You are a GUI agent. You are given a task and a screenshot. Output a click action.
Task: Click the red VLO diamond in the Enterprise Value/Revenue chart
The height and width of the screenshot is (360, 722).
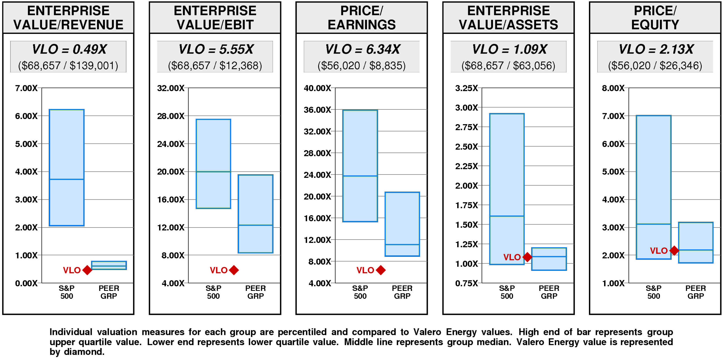pos(87,270)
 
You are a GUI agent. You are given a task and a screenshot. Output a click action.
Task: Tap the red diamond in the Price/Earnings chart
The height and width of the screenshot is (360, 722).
pos(381,270)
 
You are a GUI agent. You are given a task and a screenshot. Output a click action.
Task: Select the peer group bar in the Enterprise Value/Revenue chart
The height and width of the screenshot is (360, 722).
pos(109,265)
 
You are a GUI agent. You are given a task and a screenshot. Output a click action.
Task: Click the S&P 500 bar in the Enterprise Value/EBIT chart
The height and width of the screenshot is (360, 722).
pos(213,164)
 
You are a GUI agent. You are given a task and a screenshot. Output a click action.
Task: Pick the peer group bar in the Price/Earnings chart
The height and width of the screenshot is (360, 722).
pos(402,224)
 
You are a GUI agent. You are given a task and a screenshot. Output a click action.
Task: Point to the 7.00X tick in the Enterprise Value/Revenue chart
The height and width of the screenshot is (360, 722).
pos(26,88)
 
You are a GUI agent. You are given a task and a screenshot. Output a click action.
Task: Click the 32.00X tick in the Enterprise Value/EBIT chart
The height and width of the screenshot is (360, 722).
pos(171,88)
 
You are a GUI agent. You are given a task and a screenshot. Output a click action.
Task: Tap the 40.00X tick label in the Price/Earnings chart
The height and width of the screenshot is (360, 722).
pos(317,88)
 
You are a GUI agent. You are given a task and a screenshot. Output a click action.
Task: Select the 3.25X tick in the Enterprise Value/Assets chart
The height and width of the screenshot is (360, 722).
pos(466,88)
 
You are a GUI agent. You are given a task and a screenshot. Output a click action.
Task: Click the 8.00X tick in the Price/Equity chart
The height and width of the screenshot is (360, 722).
pos(613,88)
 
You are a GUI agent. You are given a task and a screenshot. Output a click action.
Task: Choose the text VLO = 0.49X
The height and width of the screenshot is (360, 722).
pos(69,49)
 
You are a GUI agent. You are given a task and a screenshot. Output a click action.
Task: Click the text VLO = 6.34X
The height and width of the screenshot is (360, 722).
pos(362,49)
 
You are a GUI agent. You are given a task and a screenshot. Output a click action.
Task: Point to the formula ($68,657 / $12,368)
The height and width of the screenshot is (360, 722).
pos(215,66)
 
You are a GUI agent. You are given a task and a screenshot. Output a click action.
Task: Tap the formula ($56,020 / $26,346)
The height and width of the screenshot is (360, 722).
pos(655,66)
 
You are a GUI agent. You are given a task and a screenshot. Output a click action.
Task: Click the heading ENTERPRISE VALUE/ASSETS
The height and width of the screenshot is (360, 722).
pos(508,17)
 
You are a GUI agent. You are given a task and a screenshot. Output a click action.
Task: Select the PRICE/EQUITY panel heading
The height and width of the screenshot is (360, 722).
pos(655,17)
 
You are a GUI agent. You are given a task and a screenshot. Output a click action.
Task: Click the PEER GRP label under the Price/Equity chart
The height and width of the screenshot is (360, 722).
pos(695,292)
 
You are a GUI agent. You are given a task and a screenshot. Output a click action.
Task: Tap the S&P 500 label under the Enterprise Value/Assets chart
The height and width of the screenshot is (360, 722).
pos(507,292)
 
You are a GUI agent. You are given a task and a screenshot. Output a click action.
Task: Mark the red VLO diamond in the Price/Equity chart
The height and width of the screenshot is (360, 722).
pos(674,250)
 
